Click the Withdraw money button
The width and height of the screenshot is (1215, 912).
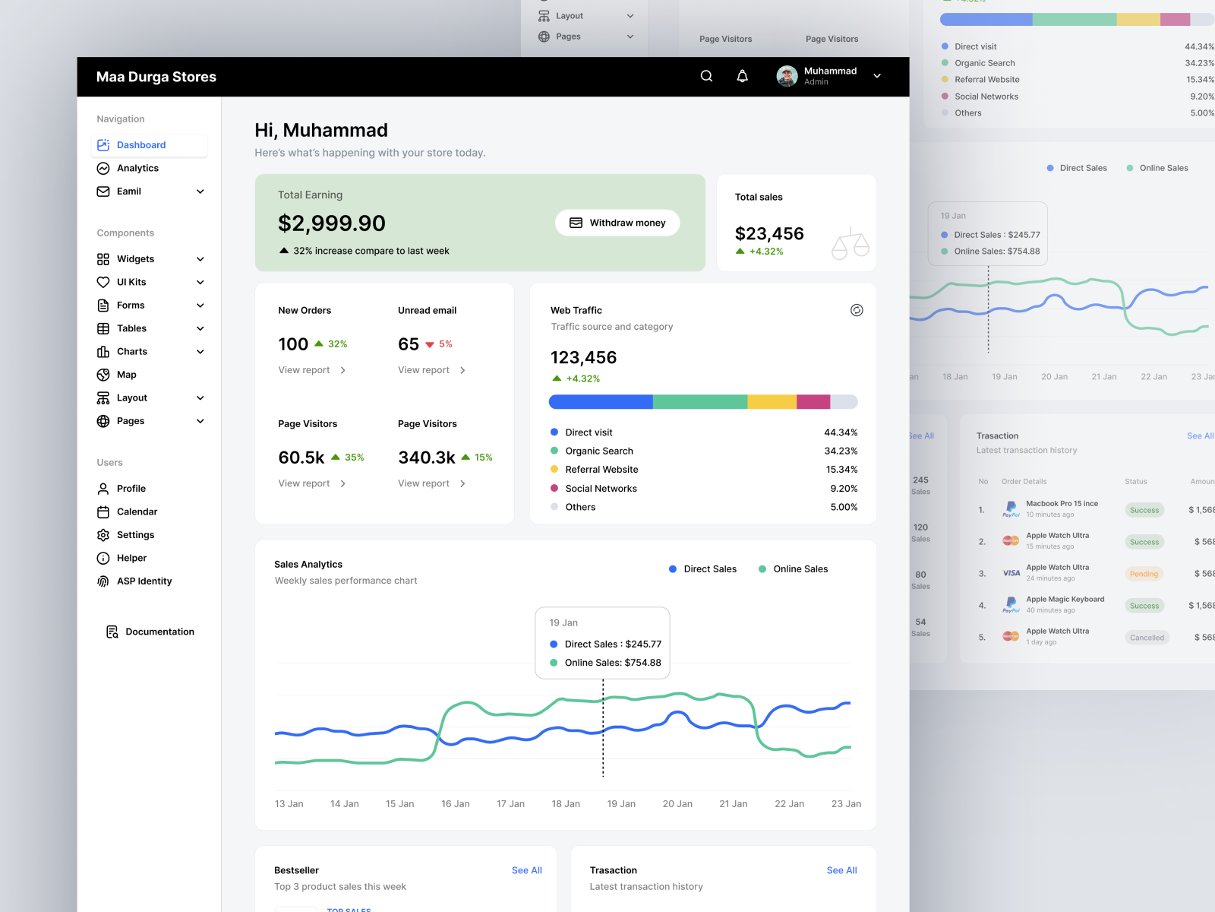tap(617, 223)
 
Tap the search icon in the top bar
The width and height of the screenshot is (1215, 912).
tap(706, 76)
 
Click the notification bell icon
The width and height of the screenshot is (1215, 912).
tap(743, 76)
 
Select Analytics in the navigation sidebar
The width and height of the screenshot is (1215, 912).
tap(137, 168)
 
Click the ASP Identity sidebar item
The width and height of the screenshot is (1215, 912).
tap(144, 581)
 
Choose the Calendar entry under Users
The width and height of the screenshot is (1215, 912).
tap(137, 511)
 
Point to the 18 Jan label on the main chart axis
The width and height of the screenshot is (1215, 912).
tap(566, 803)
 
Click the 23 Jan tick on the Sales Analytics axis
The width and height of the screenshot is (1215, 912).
tap(846, 803)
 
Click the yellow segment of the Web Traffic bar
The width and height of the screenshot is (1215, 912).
tap(772, 401)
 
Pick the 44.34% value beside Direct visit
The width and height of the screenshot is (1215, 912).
tap(841, 432)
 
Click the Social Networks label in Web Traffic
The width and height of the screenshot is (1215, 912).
tap(601, 489)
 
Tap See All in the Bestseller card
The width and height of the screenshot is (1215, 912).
tap(526, 870)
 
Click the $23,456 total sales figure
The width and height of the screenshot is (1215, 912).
tap(769, 233)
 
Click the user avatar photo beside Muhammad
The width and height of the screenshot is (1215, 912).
tap(787, 76)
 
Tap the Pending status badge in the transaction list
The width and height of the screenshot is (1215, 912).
tap(1144, 574)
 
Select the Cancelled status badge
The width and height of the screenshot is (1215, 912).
tap(1147, 638)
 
